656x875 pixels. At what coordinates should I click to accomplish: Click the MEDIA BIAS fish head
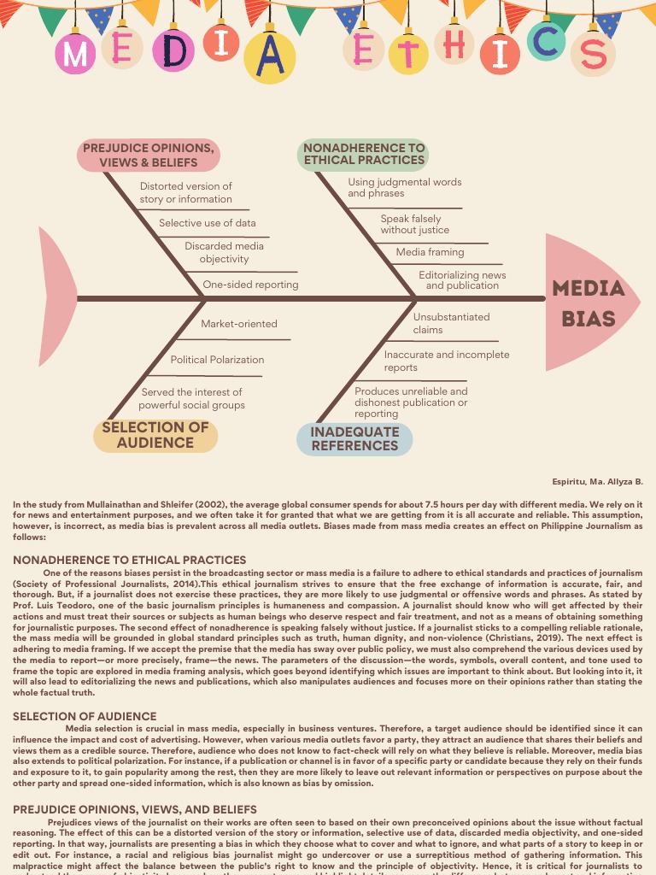[x=589, y=302]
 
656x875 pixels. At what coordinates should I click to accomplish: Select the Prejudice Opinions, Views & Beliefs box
[x=148, y=156]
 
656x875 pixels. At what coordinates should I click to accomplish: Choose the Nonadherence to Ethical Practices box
[x=364, y=154]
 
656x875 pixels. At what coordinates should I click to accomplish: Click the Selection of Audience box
[x=155, y=435]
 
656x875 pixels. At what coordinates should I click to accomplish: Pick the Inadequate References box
[x=354, y=438]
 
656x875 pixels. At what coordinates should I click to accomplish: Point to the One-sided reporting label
[x=250, y=285]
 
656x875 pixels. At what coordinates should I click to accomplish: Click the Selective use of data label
[x=208, y=223]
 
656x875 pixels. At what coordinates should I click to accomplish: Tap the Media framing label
[x=430, y=252]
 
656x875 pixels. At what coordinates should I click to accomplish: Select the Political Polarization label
[x=217, y=360]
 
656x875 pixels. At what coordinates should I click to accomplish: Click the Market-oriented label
[x=239, y=324]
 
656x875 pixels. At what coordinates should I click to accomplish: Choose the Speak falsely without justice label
[x=414, y=224]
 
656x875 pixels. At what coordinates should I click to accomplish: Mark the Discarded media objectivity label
[x=224, y=252]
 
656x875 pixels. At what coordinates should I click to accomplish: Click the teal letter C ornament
[x=545, y=41]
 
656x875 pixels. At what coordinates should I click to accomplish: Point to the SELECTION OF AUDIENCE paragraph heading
[x=85, y=716]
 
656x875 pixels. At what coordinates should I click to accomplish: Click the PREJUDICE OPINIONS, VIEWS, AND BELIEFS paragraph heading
[x=134, y=808]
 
